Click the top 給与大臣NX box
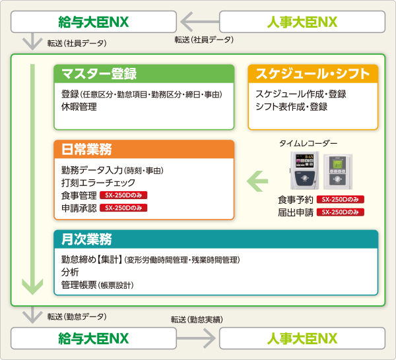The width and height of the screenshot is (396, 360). coord(93,22)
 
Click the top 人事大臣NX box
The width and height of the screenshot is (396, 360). coord(303,22)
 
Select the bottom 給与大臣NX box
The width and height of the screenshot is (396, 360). coord(93,339)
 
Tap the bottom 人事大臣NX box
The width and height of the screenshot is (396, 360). coord(303,339)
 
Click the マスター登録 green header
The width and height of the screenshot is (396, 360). coord(144,73)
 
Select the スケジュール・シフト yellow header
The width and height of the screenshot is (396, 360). coord(312,73)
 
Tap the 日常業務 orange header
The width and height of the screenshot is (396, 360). coord(144,148)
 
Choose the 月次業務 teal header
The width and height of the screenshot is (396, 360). coord(216,238)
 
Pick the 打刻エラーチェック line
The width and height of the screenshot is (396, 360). coord(98,183)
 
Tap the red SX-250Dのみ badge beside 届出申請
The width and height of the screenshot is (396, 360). coord(341,212)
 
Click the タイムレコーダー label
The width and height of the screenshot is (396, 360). coord(308,143)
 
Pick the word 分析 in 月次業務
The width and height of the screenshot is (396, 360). coord(70,272)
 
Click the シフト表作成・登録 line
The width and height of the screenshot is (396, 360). coord(291,106)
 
